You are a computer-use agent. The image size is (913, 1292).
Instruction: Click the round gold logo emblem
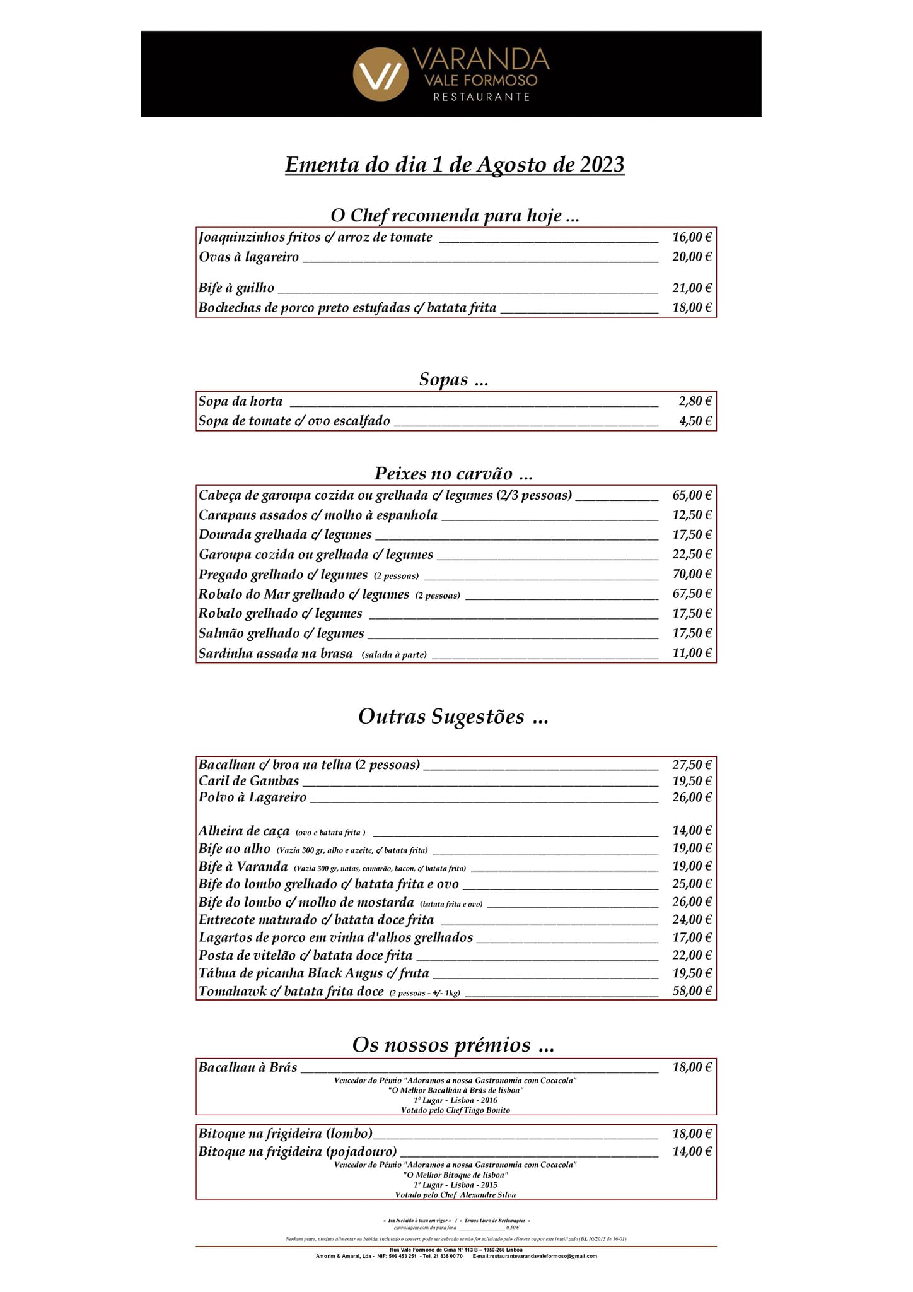click(x=380, y=74)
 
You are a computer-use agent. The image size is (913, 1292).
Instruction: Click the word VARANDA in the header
click(x=480, y=59)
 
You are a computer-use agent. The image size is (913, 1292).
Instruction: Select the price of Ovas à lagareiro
click(x=692, y=257)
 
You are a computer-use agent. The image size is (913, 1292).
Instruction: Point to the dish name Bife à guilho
click(x=236, y=288)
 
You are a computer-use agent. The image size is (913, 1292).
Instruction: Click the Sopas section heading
click(x=453, y=379)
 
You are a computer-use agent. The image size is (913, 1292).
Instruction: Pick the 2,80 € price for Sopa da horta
click(x=695, y=401)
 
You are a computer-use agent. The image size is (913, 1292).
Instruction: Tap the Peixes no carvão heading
click(x=453, y=473)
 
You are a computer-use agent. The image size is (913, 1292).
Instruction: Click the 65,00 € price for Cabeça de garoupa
click(x=692, y=495)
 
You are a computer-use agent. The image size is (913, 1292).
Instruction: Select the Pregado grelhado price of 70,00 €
click(x=692, y=574)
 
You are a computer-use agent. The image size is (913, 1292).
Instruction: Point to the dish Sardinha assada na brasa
click(x=276, y=654)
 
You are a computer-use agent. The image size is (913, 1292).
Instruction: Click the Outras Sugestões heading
click(x=453, y=717)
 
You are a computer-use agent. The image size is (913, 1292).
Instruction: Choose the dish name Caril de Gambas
click(x=249, y=781)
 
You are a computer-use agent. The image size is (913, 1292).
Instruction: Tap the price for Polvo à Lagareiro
click(x=692, y=797)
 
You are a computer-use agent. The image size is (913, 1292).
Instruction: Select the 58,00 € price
click(x=692, y=991)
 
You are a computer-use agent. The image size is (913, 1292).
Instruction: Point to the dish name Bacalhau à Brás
click(x=248, y=1067)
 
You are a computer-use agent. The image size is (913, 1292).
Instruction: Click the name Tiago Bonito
click(x=487, y=1110)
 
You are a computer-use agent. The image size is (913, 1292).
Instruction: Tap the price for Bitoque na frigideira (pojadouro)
click(x=692, y=1151)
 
